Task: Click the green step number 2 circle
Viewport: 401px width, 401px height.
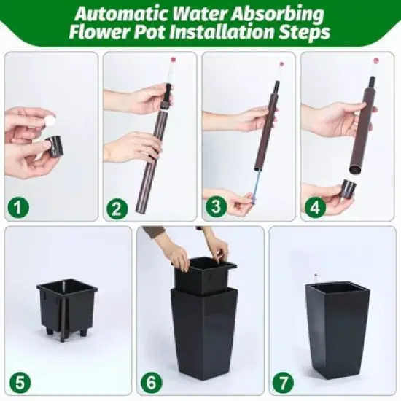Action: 116,209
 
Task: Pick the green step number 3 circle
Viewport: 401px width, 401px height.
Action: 214,209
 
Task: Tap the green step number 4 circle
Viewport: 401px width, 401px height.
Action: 314,209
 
